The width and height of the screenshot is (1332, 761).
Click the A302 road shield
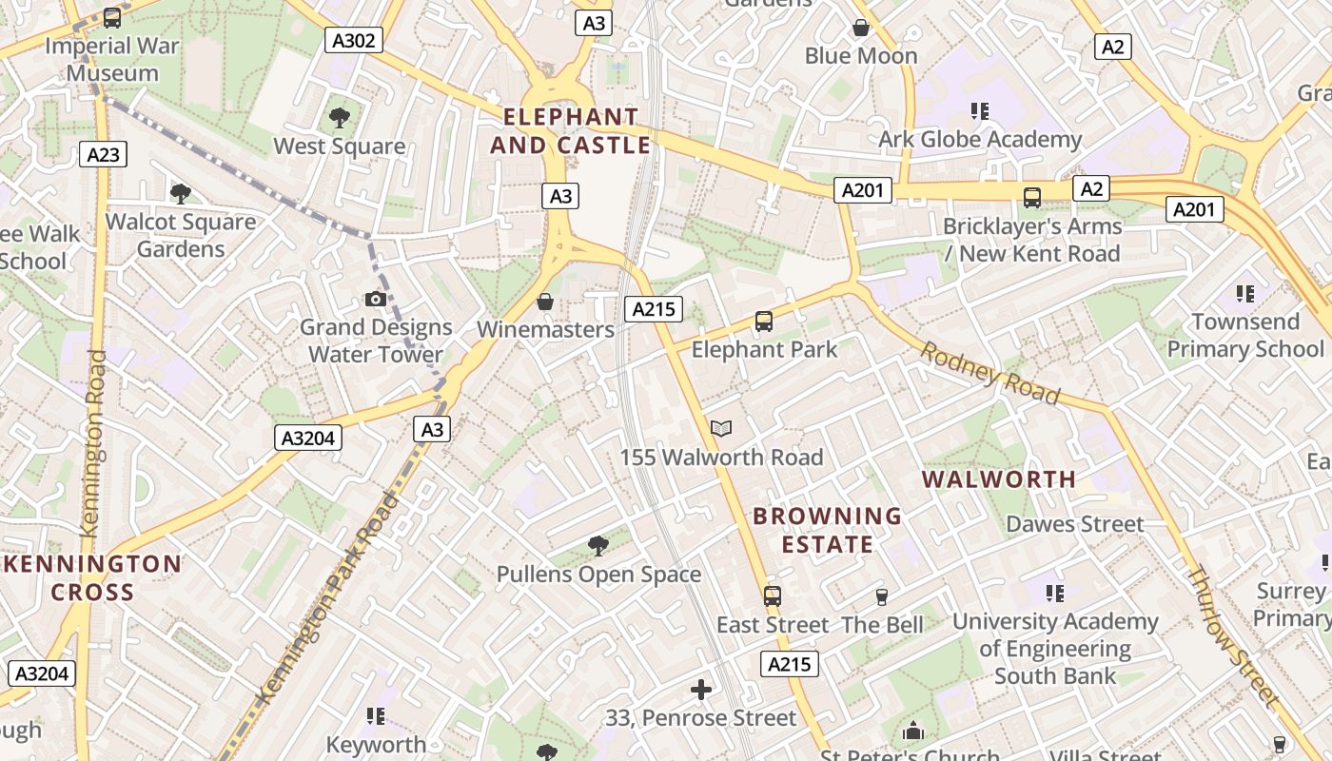[354, 40]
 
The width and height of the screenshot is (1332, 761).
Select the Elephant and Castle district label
[571, 131]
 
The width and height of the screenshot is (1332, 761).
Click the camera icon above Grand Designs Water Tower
[376, 300]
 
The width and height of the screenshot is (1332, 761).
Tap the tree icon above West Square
[340, 118]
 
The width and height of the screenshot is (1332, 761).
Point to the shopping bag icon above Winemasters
[545, 302]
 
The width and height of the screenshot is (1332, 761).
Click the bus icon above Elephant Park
[764, 322]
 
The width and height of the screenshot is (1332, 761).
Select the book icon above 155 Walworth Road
[721, 429]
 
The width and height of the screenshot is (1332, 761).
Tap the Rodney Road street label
[989, 373]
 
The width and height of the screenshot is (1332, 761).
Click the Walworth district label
[999, 479]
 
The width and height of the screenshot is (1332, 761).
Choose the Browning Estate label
[827, 531]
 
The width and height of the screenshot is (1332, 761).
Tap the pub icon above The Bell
[882, 596]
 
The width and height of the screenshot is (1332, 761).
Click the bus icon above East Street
[773, 596]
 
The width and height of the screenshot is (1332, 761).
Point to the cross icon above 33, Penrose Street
[701, 690]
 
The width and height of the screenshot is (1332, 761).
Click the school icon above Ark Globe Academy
[980, 111]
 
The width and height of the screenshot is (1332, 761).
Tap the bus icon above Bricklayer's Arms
[1032, 198]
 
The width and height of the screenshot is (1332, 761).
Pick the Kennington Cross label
[92, 578]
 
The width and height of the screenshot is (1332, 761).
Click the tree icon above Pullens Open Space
[598, 546]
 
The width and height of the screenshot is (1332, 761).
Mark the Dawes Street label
[1075, 524]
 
